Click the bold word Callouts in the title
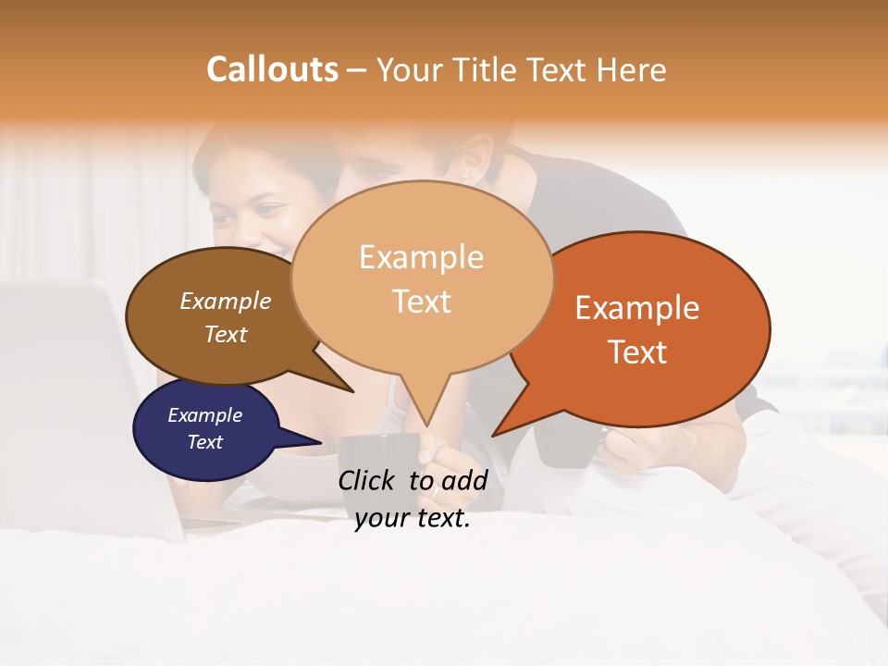272,69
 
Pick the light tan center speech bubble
422,277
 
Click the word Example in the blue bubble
204,415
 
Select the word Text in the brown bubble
226,334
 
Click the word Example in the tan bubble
421,256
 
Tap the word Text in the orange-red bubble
638,352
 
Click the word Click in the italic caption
368,479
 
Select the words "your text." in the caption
413,519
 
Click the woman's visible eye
269,210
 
